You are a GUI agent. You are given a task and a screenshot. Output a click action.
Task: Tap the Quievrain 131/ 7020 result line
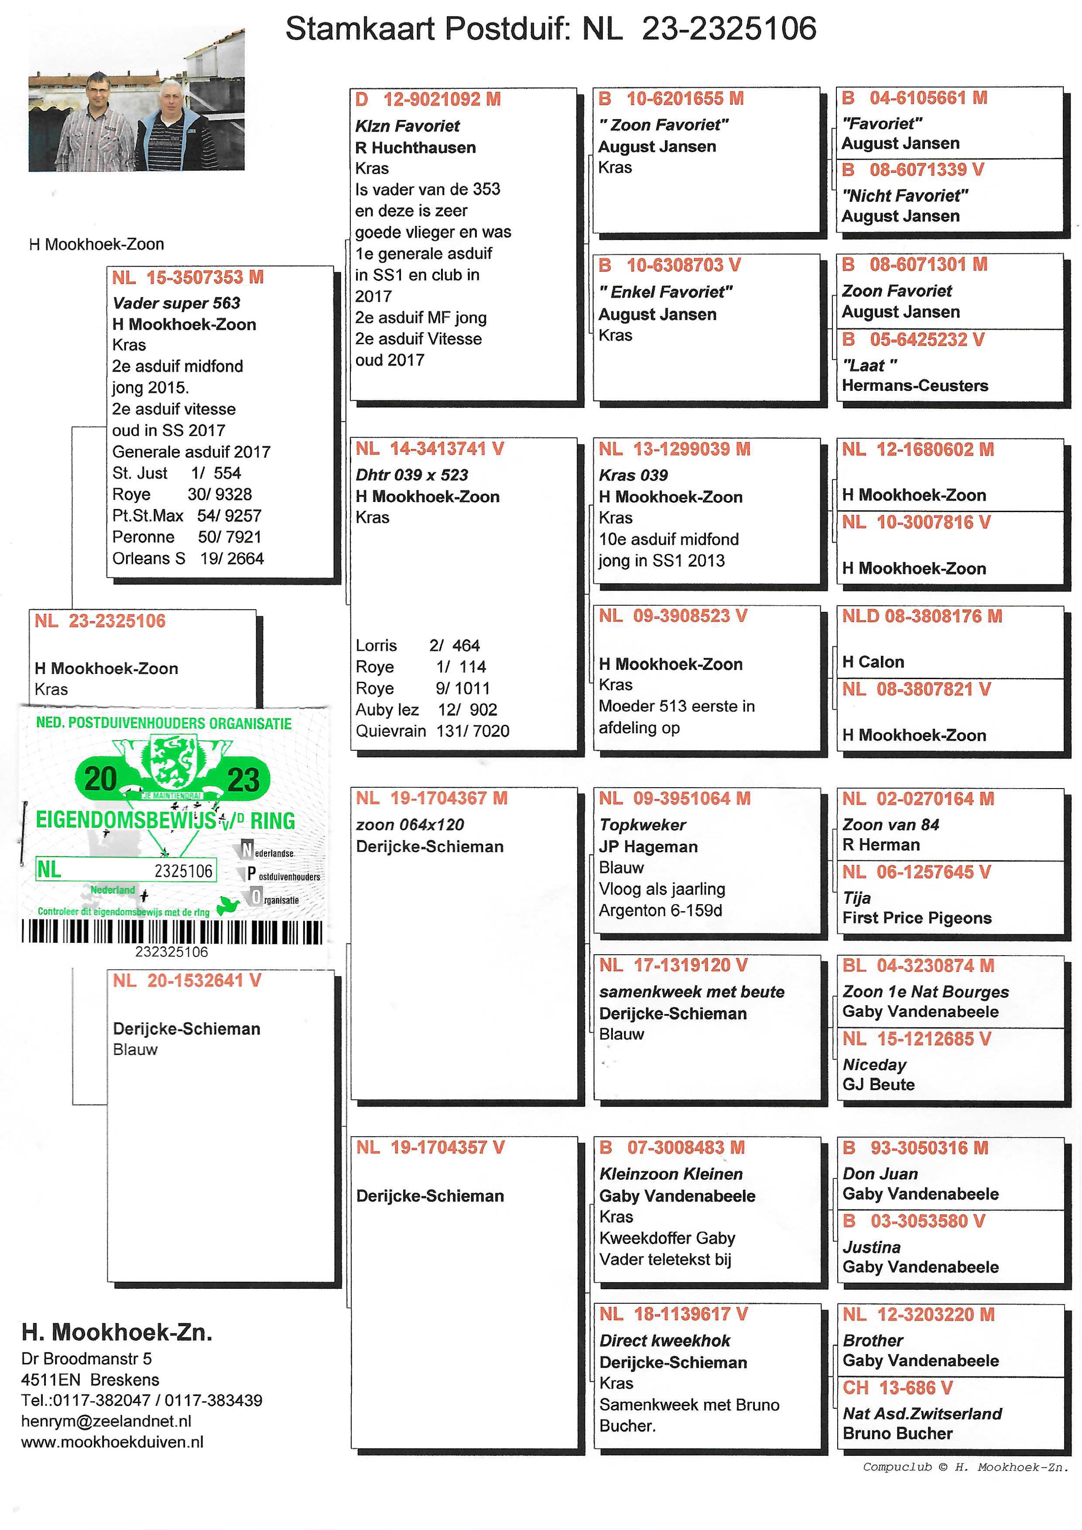coord(432,731)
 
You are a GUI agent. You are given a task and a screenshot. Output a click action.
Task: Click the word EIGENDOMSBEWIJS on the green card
coord(125,820)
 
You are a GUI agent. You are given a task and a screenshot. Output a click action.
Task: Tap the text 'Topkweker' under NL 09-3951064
coord(642,825)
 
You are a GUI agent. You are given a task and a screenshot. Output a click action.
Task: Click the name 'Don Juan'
coord(880,1174)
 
